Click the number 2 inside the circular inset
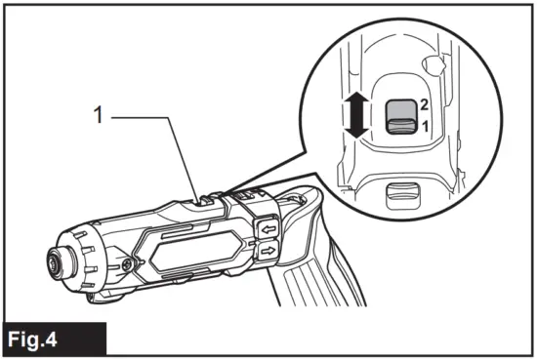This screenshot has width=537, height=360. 424,102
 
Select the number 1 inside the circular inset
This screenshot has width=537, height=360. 424,126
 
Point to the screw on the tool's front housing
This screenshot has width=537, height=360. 127,264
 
